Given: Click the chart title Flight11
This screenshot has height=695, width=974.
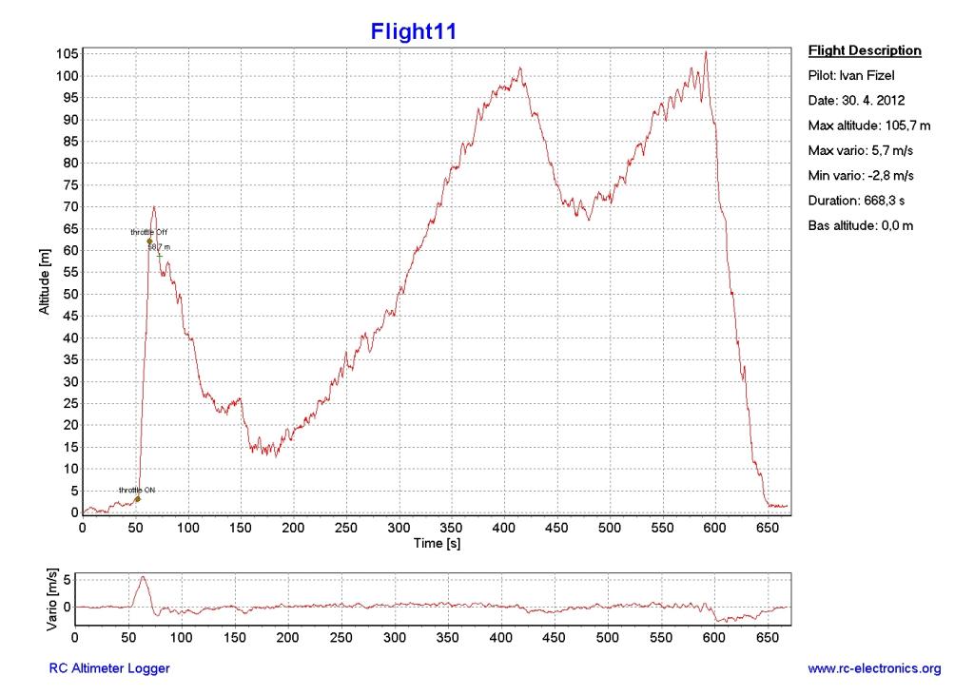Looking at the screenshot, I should (x=414, y=31).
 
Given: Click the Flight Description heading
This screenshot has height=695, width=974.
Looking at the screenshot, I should (x=864, y=50).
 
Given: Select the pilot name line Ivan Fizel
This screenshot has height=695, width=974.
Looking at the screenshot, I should (x=849, y=75).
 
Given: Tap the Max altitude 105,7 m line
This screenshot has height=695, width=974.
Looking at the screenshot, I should (x=863, y=125).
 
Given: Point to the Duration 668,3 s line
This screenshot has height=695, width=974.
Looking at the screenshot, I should (x=850, y=201).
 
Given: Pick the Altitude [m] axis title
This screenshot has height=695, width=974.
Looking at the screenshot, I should (x=43, y=282).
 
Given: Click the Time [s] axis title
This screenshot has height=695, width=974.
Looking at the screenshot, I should (x=436, y=543).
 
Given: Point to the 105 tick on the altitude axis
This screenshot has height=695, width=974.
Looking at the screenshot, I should (x=66, y=54).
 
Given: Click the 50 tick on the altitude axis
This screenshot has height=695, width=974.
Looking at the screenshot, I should (x=68, y=294).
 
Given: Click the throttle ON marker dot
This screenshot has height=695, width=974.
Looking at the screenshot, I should (x=137, y=498).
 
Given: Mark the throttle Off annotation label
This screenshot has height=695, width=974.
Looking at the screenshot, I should (x=148, y=232).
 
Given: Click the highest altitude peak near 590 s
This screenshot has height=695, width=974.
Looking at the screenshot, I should (x=705, y=52).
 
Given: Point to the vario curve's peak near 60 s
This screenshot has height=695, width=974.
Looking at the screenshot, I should (x=143, y=576).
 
